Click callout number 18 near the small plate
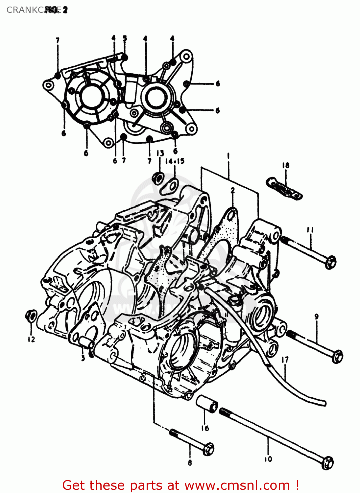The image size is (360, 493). coord(286,165)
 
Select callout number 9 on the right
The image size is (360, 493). coord(317,317)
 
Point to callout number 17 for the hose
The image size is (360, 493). coord(285,360)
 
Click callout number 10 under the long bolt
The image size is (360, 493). coord(268,459)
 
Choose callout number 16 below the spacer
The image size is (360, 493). coord(205,428)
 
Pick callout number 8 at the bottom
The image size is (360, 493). coord(190,462)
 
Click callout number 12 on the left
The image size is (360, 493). coord(31,339)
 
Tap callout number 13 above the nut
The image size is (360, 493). coord(160,153)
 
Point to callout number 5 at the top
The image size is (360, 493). coord(125,38)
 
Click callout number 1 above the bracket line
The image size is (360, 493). coord(228,155)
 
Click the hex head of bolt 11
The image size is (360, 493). coord(330,262)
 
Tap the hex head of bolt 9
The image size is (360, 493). coord(337,356)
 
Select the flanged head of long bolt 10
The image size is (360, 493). coord(327,462)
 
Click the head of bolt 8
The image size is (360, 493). coord(209,449)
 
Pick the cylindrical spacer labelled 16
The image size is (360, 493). coord(207,403)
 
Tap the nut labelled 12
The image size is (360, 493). coord(31,316)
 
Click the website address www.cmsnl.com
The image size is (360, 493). coord(237,485)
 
